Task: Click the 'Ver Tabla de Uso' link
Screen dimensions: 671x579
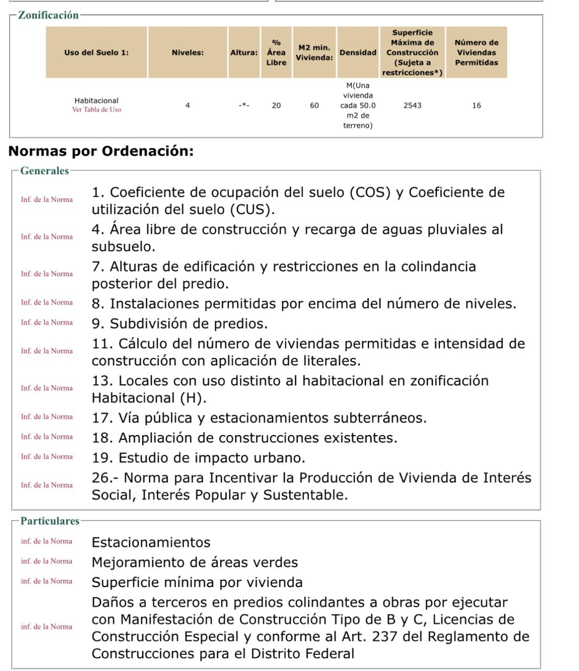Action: (x=97, y=110)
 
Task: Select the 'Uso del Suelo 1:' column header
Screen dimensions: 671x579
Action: (x=97, y=52)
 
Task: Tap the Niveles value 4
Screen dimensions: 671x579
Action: (x=188, y=105)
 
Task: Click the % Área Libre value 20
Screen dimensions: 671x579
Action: (x=276, y=105)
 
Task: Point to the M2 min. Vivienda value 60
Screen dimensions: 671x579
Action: (x=314, y=105)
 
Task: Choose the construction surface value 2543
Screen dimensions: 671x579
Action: (x=412, y=105)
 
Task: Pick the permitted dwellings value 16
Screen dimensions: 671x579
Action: (x=476, y=105)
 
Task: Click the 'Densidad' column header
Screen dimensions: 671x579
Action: (x=358, y=52)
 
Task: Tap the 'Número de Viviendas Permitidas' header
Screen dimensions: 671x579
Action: (x=476, y=52)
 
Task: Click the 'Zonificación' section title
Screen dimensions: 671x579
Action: (x=48, y=15)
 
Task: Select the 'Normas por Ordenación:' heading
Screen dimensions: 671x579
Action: (x=101, y=151)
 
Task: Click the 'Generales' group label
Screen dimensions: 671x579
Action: (x=45, y=171)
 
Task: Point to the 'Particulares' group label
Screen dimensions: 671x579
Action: (x=50, y=521)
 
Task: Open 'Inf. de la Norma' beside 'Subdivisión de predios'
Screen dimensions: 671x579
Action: (x=47, y=322)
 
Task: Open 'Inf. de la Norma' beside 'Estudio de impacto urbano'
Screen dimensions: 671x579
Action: (x=47, y=457)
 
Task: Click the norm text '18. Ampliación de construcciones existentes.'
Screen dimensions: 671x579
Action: (x=244, y=438)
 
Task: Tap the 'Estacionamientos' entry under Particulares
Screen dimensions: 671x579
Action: (x=151, y=542)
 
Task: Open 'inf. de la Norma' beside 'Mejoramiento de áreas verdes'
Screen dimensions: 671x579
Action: (x=47, y=561)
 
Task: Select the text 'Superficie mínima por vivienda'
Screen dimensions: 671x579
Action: (x=197, y=582)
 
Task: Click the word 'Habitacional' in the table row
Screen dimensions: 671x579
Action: (x=97, y=101)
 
